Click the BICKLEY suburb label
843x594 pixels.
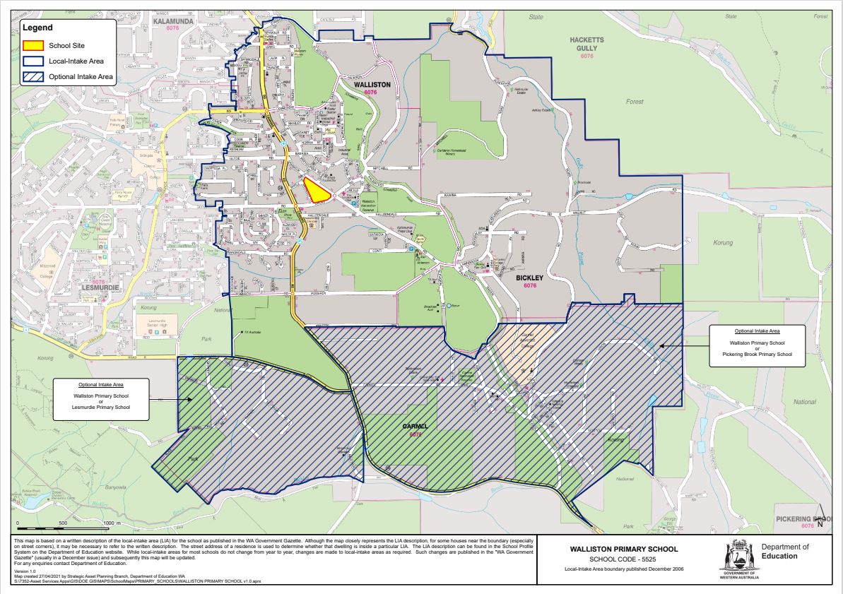529,278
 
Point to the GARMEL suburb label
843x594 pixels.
415,427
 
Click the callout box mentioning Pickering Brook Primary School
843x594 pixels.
757,346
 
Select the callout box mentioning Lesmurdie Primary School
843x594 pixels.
102,399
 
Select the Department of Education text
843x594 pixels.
785,551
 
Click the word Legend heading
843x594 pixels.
37,28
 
